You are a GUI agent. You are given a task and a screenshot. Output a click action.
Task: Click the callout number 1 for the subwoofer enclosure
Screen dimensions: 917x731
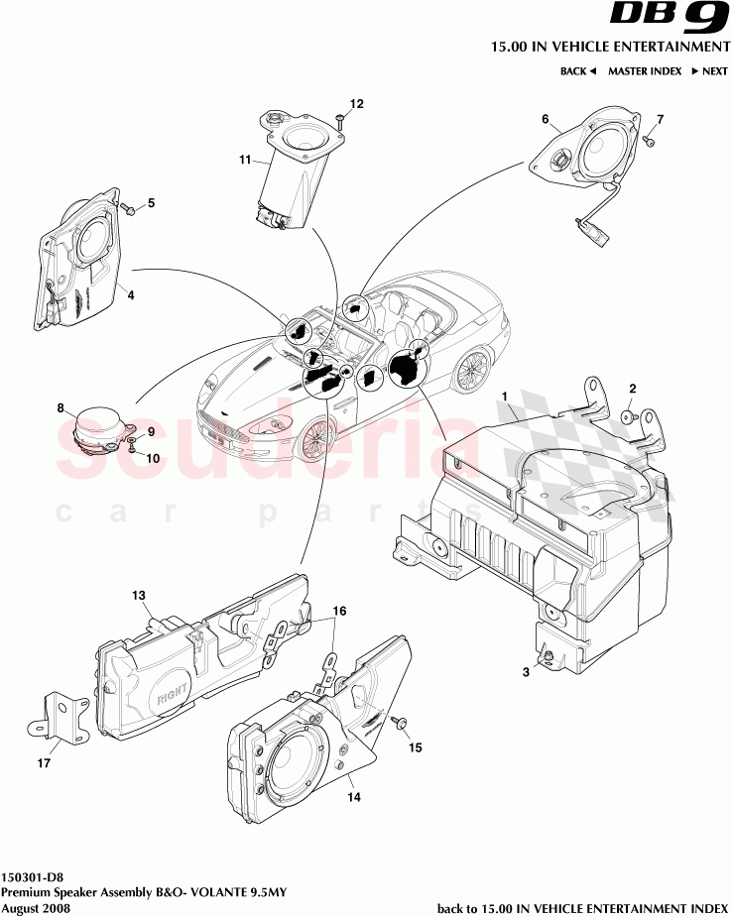505,398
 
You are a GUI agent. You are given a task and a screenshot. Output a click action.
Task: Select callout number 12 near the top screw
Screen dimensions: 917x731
357,104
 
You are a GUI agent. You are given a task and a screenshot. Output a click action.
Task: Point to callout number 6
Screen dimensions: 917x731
545,119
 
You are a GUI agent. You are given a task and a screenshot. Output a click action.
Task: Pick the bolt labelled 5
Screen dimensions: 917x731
130,208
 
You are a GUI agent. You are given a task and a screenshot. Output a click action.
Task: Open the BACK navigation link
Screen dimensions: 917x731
577,71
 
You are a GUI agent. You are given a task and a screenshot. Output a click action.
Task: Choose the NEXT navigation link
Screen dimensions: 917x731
709,71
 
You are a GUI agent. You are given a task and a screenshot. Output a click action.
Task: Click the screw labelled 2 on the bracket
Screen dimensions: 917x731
629,417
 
